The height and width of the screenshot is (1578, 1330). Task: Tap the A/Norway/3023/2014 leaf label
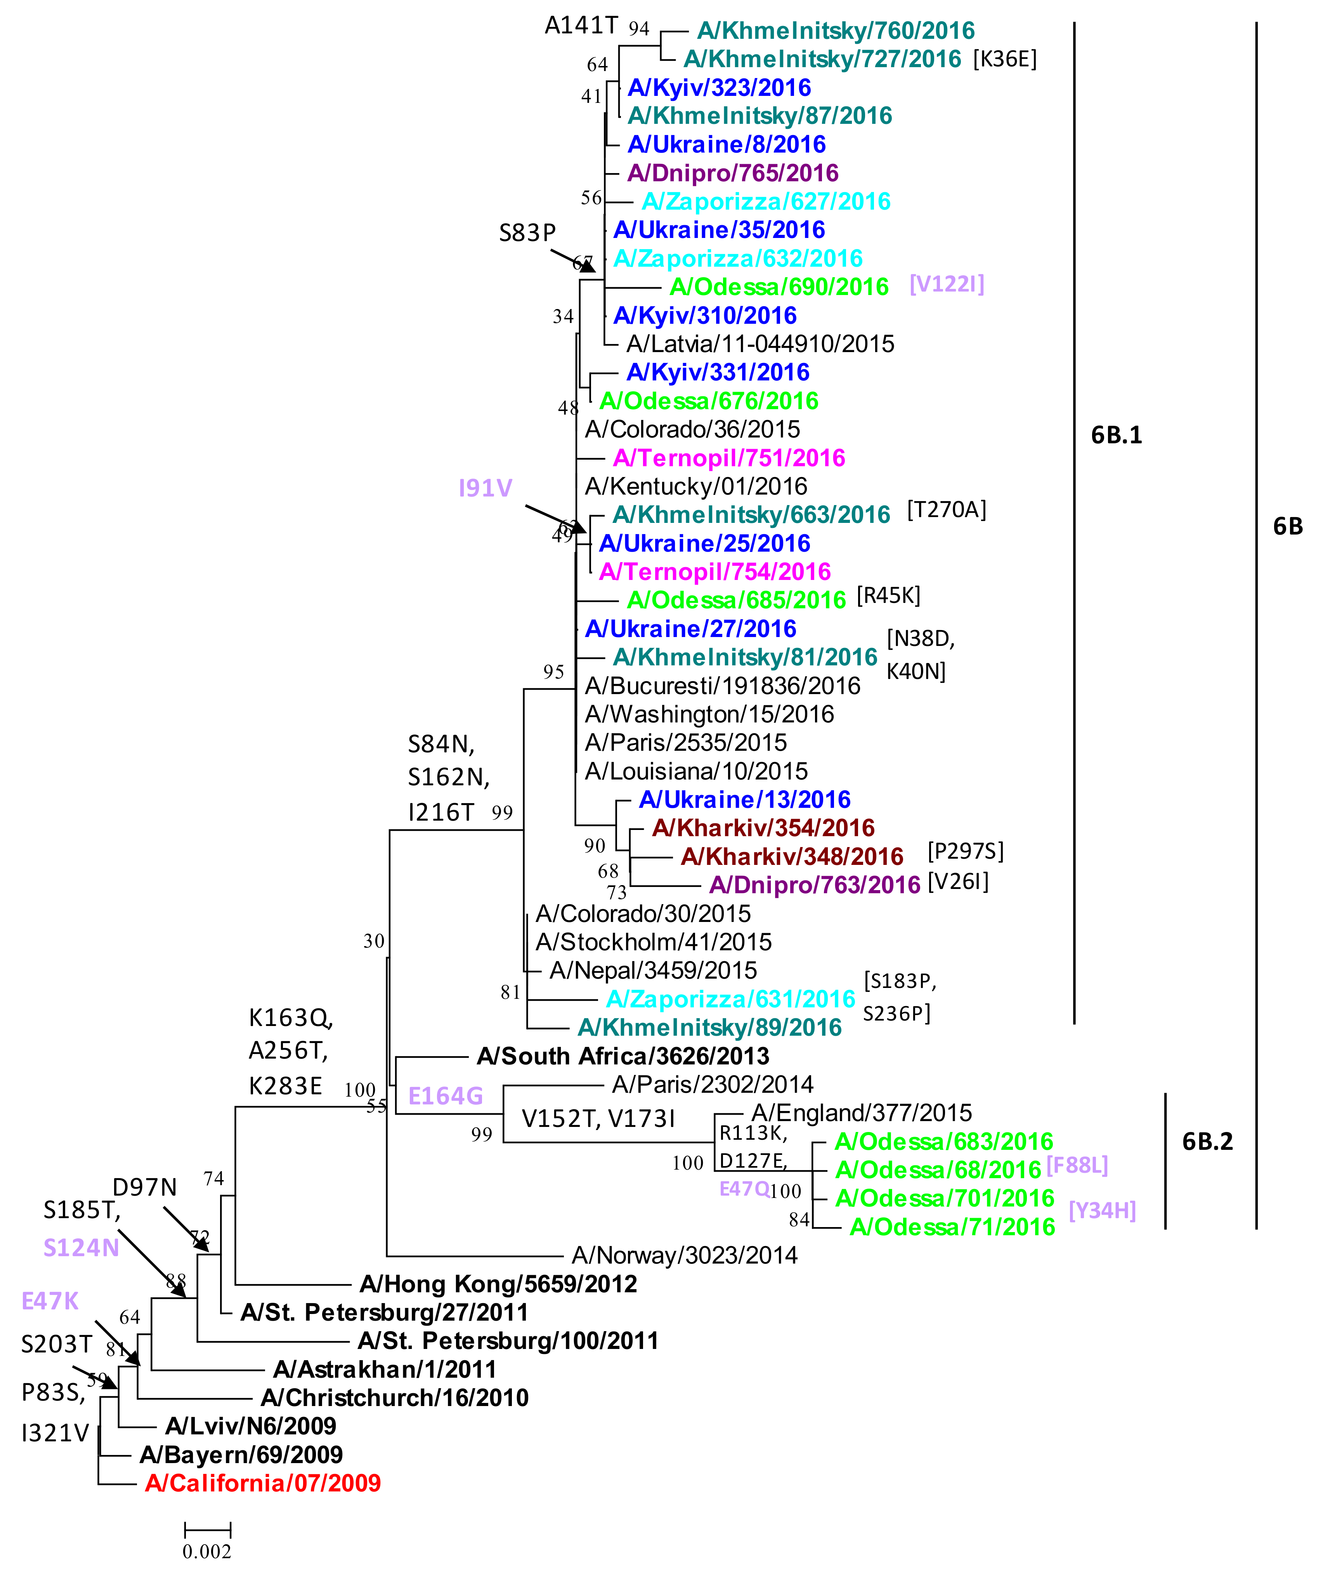684,1255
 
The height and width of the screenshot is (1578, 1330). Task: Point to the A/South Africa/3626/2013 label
623,1056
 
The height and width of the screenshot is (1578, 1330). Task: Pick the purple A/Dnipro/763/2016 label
814,885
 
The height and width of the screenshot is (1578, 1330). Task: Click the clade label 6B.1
1116,435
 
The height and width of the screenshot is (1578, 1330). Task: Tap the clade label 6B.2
1207,1141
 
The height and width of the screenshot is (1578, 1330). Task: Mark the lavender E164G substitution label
445,1096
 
